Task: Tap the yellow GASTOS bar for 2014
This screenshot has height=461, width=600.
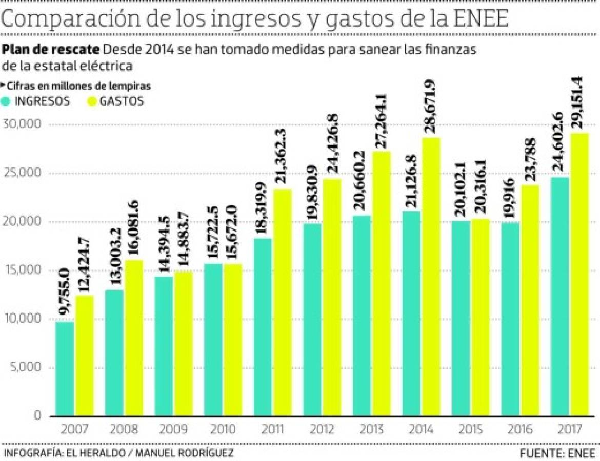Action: [431, 277]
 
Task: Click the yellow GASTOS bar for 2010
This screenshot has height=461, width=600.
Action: [232, 340]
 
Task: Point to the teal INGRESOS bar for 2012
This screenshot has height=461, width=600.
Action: [312, 320]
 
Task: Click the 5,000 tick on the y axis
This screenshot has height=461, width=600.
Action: [25, 367]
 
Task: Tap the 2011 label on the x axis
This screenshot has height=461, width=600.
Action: [272, 429]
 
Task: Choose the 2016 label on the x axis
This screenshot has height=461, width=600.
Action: [519, 429]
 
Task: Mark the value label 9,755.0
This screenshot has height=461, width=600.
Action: [66, 297]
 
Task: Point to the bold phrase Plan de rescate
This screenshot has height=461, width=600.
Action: [51, 50]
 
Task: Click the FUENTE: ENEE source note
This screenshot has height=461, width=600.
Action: [557, 453]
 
